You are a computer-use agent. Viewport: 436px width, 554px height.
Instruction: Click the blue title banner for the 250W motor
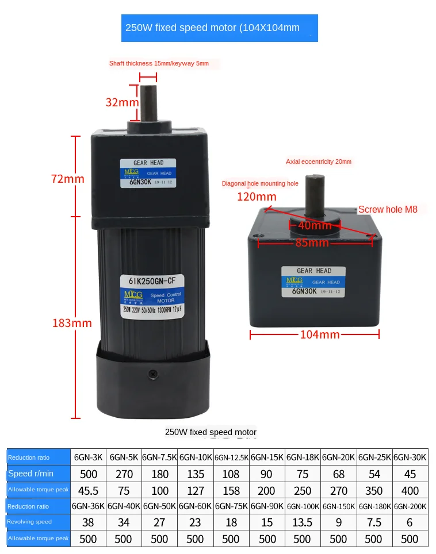219,28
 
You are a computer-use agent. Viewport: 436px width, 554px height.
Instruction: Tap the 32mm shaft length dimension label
122,103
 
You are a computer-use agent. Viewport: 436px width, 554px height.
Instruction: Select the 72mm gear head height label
67,179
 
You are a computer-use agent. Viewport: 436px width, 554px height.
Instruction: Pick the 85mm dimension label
312,243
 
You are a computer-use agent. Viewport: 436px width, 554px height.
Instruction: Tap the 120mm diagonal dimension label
257,197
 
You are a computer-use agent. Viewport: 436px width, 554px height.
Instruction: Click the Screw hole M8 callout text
388,210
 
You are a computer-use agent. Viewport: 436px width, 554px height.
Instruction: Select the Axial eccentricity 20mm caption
318,162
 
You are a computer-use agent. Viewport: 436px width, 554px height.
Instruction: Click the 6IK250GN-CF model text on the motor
148,281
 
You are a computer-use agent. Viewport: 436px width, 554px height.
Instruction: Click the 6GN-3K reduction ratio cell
89,458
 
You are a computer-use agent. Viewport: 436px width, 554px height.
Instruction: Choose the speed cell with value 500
89,474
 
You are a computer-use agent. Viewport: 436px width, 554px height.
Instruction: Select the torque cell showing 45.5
89,490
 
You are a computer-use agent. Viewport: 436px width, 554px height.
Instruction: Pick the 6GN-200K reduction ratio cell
410,506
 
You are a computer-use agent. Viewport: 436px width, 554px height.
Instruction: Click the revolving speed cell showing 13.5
303,522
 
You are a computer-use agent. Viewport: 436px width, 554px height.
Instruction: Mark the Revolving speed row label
30,522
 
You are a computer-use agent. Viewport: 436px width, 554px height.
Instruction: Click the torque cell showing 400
410,490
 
